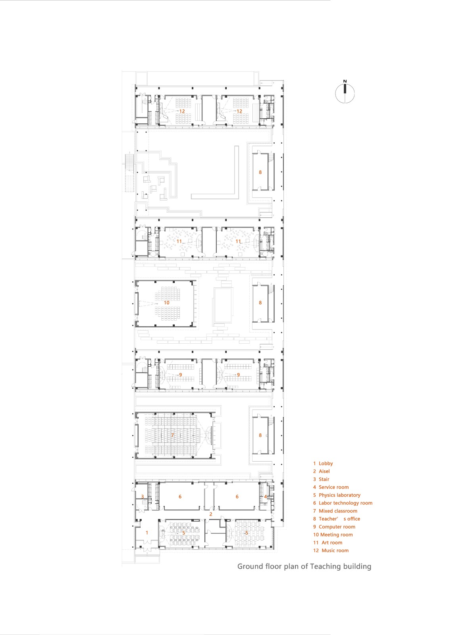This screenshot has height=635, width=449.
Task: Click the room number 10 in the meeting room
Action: [x=166, y=302]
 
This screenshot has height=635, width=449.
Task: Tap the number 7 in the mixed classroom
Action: [x=172, y=435]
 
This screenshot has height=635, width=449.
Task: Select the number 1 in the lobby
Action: [x=147, y=533]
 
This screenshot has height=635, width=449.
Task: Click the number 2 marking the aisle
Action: [x=210, y=514]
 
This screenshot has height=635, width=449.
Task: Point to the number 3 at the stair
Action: [x=143, y=496]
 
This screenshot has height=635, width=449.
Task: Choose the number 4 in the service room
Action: [x=265, y=496]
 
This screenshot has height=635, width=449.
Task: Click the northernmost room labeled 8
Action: [x=260, y=172]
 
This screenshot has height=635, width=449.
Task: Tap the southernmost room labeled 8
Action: [x=260, y=435]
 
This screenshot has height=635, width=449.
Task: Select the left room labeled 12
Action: [x=182, y=111]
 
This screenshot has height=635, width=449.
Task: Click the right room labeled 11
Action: [x=238, y=241]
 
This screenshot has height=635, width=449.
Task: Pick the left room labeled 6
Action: [x=180, y=496]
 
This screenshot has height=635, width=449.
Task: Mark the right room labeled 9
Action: [x=238, y=375]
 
